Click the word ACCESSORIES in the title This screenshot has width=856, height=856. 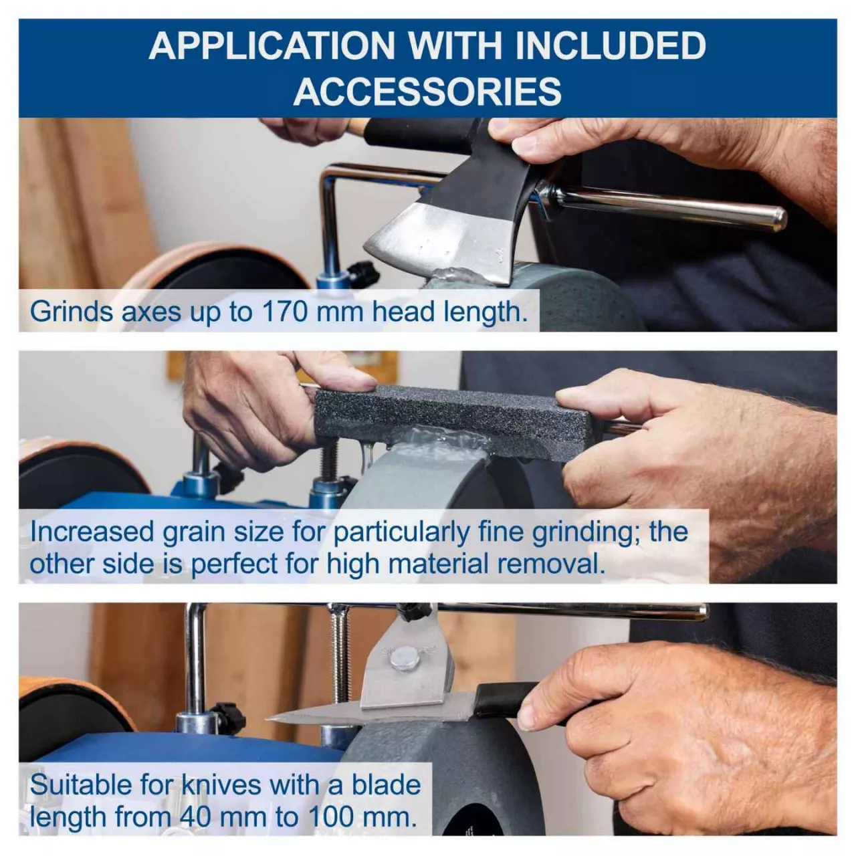coord(427,91)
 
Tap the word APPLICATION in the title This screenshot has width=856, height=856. coord(272,45)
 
